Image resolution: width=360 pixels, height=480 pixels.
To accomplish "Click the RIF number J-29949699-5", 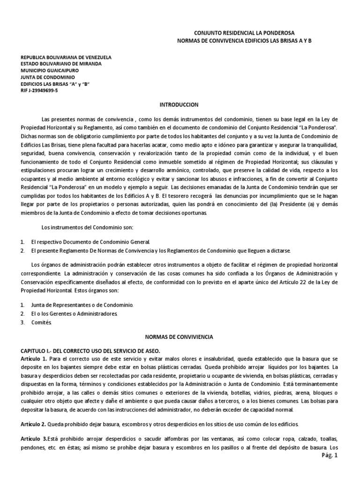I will coord(40,90).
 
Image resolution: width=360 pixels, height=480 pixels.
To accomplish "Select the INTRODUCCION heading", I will coord(180,104).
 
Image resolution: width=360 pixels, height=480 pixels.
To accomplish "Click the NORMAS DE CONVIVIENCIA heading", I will coord(180,337).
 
